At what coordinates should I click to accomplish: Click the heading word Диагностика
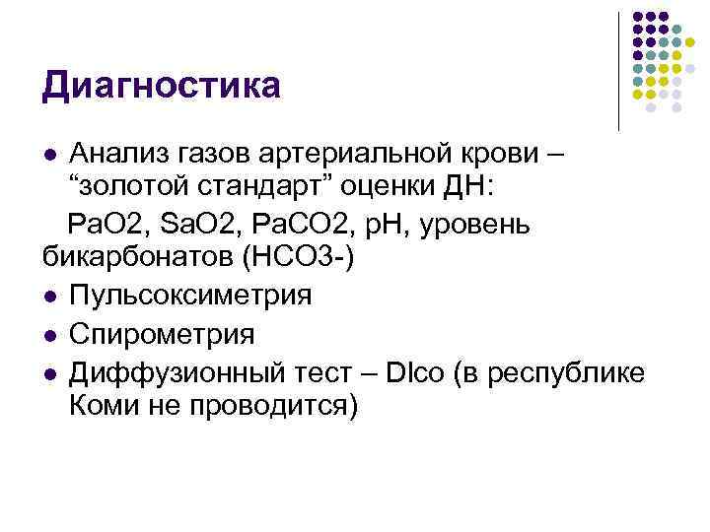161,86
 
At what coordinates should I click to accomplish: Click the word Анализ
124,154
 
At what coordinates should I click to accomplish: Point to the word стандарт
259,189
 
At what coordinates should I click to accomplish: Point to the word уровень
479,225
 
